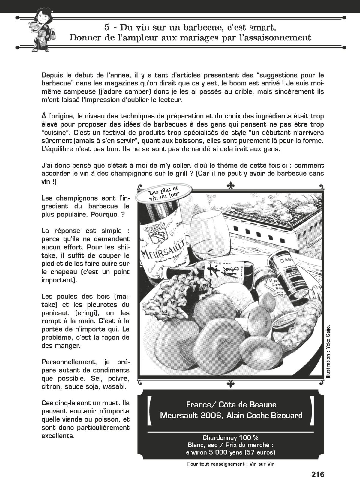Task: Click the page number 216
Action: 318,474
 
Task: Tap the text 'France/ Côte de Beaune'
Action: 231,405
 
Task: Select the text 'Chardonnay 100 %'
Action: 230,437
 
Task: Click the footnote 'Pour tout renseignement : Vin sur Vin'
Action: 231,464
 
